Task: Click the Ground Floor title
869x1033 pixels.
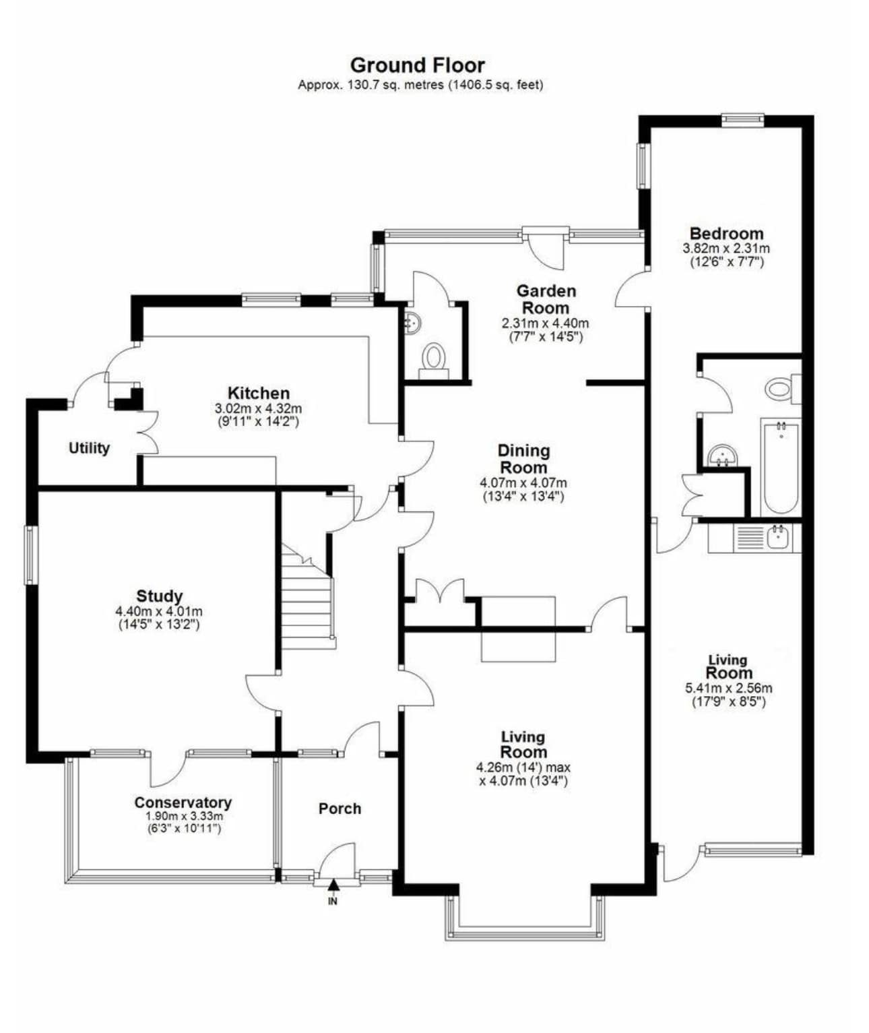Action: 418,65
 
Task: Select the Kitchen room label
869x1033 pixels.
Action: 259,394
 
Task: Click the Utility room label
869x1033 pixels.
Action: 89,448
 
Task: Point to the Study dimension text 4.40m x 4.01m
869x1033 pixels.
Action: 159,611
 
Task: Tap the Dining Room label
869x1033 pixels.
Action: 524,459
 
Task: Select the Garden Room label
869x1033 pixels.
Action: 546,299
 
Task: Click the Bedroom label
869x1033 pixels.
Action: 727,234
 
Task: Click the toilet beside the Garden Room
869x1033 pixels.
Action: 434,359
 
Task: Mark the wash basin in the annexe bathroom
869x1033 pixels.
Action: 722,455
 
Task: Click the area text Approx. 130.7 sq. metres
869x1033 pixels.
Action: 371,85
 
